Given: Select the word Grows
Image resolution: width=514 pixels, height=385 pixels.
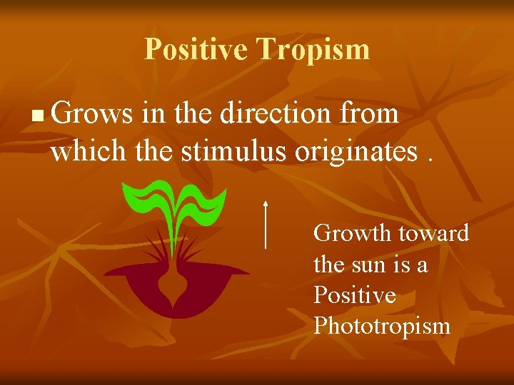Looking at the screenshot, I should click(x=91, y=113).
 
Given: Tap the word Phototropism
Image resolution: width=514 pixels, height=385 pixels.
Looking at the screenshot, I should click(x=382, y=327).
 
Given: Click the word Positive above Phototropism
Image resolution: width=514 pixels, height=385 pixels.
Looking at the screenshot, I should click(x=355, y=295).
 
